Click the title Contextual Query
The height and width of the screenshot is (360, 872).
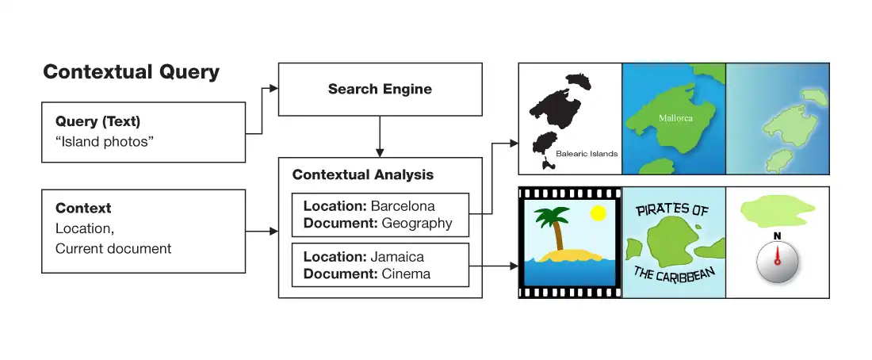pyautogui.click(x=131, y=72)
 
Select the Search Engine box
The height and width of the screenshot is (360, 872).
pyautogui.click(x=380, y=89)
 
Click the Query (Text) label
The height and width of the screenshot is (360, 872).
pyautogui.click(x=98, y=121)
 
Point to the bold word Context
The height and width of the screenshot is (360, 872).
pyautogui.click(x=83, y=209)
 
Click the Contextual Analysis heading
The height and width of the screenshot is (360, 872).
pyautogui.click(x=363, y=174)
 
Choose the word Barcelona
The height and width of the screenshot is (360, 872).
pyautogui.click(x=403, y=206)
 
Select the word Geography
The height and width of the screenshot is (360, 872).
pyautogui.click(x=417, y=223)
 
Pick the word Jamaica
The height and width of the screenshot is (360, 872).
pyautogui.click(x=397, y=257)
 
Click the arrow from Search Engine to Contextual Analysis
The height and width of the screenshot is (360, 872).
pyautogui.click(x=381, y=136)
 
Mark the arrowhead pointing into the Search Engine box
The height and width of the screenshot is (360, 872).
pyautogui.click(x=273, y=89)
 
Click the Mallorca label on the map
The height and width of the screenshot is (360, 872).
pyautogui.click(x=675, y=118)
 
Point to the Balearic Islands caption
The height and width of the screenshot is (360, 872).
pyautogui.click(x=587, y=154)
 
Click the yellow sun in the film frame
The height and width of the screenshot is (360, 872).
pyautogui.click(x=598, y=213)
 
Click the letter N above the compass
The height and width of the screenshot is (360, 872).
pyautogui.click(x=777, y=236)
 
